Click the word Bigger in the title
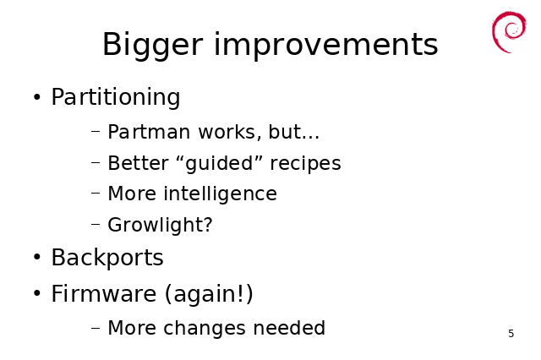click(x=152, y=45)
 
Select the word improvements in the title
click(x=326, y=45)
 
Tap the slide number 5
click(x=511, y=334)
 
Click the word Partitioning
click(x=116, y=97)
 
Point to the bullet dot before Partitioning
click(x=37, y=97)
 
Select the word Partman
click(x=149, y=132)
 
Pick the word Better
click(x=138, y=163)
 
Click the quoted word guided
click(x=220, y=163)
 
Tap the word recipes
click(x=305, y=163)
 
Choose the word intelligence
click(x=220, y=194)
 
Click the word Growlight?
click(x=160, y=225)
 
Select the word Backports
click(x=107, y=258)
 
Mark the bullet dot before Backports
click(x=37, y=258)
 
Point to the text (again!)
click(x=209, y=294)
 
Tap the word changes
click(x=205, y=328)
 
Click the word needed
click(x=289, y=328)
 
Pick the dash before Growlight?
click(x=96, y=225)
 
